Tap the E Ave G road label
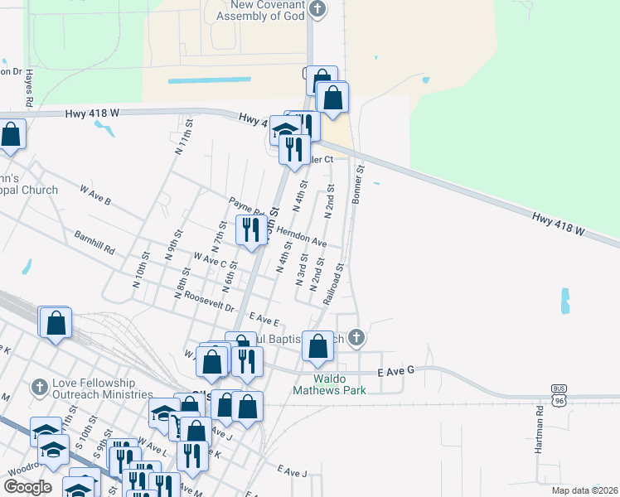(395, 374)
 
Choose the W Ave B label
(95, 195)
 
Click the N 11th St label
(184, 137)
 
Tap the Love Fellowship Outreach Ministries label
(102, 388)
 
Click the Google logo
(27, 487)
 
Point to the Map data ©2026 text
(584, 490)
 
